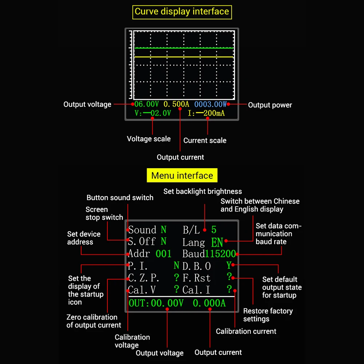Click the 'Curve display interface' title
pos(182,11)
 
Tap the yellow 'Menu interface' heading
pos(182,175)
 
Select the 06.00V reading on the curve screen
pos(146,104)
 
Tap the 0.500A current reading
pos(176,104)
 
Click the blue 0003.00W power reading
pos(210,104)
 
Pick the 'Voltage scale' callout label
pos(149,139)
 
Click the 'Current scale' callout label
pos(205,141)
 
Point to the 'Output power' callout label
pos(270,105)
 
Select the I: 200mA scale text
pos(206,113)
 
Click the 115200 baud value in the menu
pos(220,254)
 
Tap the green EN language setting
pos(217,242)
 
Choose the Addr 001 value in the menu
pos(163,254)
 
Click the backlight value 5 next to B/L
pos(214,230)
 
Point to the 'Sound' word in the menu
pos(142,230)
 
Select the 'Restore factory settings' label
pos(268,315)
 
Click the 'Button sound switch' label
pos(120,198)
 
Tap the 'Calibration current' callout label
pos(246,331)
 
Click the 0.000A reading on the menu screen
pos(209,303)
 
